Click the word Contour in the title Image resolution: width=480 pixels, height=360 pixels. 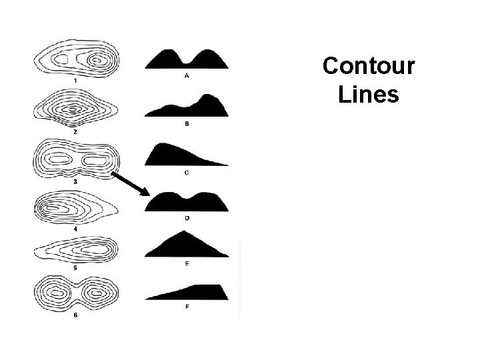tap(369, 67)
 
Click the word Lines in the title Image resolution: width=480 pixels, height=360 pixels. tap(369, 94)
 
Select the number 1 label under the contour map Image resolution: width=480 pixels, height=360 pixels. tap(75, 81)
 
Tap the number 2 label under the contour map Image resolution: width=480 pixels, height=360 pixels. tap(75, 132)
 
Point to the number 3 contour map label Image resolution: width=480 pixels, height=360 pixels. tap(75, 181)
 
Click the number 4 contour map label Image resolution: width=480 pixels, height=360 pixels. tap(75, 229)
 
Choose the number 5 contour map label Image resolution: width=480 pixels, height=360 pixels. tap(75, 267)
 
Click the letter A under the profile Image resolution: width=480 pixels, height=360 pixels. tap(186, 76)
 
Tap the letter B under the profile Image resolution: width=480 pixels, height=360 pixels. tap(186, 124)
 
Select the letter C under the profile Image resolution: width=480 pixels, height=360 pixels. tap(186, 173)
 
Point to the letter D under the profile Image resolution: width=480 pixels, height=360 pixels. tap(186, 218)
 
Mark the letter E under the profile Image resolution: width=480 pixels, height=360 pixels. tap(186, 264)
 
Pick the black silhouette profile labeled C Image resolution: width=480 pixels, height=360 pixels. tap(175, 155)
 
